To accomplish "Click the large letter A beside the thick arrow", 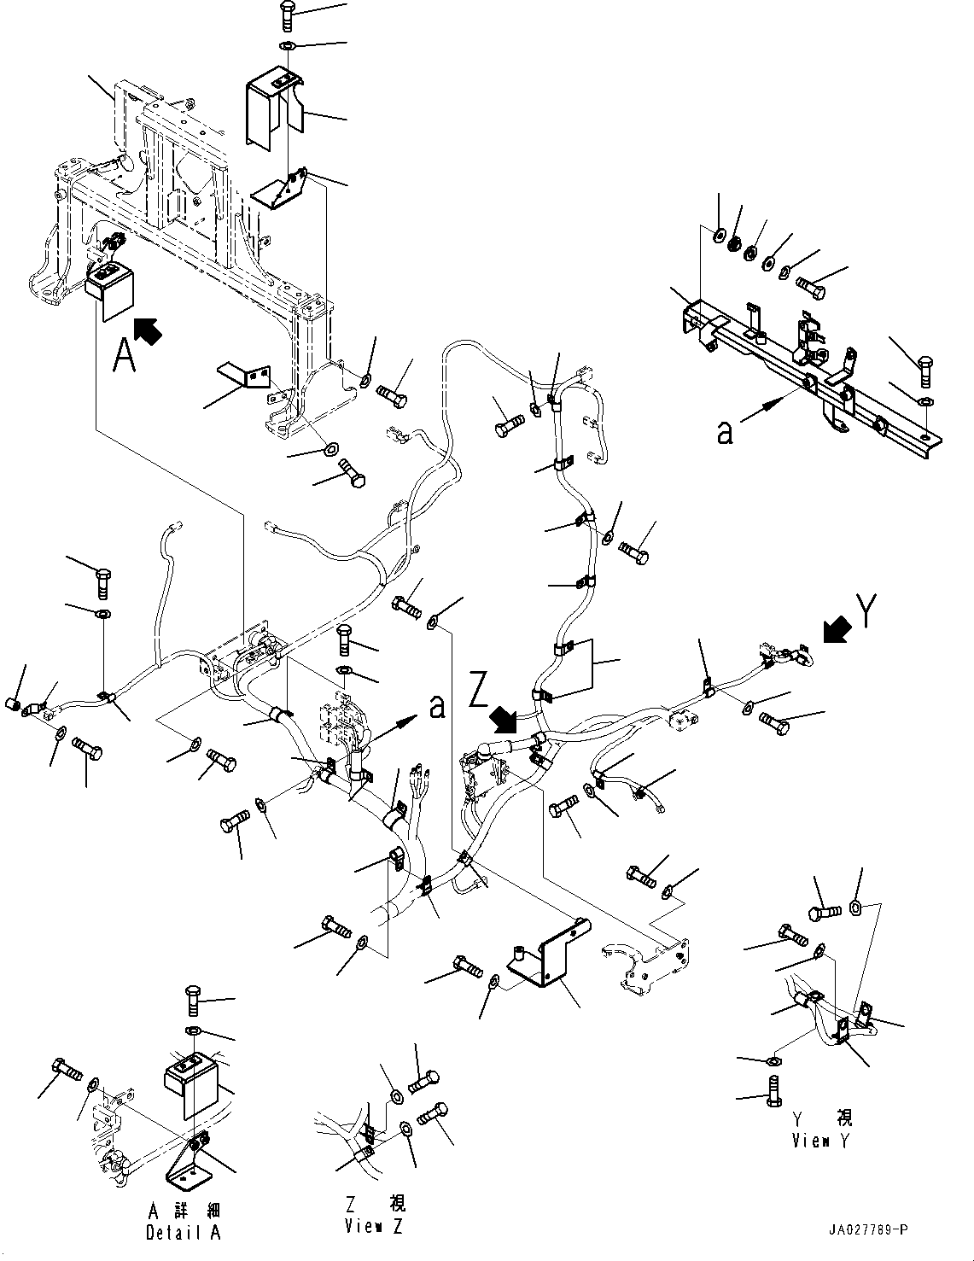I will pos(125,356).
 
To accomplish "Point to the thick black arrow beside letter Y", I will pos(835,631).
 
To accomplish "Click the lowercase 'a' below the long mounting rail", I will pos(725,433).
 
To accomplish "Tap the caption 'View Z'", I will pos(375,1226).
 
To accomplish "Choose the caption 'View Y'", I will pos(821,1141).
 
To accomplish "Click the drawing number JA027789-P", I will pos(868,1229).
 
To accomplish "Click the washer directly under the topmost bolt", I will pos(288,46).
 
